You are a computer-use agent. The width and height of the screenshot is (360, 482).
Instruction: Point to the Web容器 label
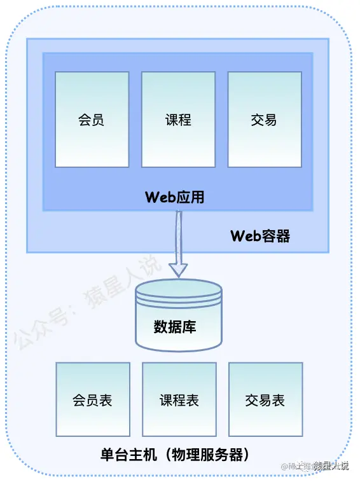click(260, 237)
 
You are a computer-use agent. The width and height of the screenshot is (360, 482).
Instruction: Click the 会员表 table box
click(93, 399)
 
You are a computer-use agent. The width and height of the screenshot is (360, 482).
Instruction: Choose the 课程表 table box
click(179, 399)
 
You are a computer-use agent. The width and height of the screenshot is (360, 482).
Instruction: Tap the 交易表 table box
click(265, 399)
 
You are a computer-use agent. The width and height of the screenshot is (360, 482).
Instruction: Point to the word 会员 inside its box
click(92, 120)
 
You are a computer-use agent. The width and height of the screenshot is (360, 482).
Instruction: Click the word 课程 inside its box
click(178, 120)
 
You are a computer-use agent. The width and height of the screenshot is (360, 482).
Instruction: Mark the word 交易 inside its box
click(265, 120)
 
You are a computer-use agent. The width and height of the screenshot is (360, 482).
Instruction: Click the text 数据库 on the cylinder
click(175, 327)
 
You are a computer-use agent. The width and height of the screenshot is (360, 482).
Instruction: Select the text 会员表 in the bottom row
click(93, 400)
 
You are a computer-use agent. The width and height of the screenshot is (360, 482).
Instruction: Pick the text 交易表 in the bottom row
click(265, 400)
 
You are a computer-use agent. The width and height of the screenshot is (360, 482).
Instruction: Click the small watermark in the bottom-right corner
click(315, 466)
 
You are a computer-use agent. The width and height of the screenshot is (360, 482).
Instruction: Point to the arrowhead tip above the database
click(178, 275)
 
